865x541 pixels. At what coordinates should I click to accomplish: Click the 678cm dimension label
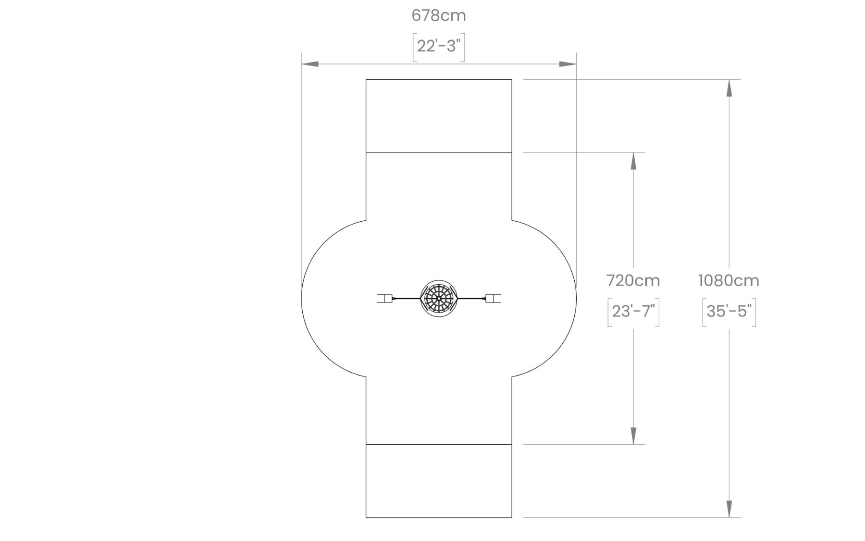point(439,15)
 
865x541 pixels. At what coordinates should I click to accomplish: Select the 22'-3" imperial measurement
point(439,46)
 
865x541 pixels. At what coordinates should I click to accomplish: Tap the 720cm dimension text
point(633,280)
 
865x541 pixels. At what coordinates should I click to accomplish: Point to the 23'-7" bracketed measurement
point(633,312)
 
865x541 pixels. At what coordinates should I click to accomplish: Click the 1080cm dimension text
point(729,280)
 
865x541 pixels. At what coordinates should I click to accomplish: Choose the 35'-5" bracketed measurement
point(729,312)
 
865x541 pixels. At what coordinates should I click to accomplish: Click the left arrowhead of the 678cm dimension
point(309,64)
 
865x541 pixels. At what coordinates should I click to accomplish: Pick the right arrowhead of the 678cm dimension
point(568,64)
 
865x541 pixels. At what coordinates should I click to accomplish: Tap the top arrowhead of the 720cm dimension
point(633,161)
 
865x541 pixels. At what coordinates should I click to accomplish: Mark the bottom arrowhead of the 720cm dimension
point(633,436)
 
